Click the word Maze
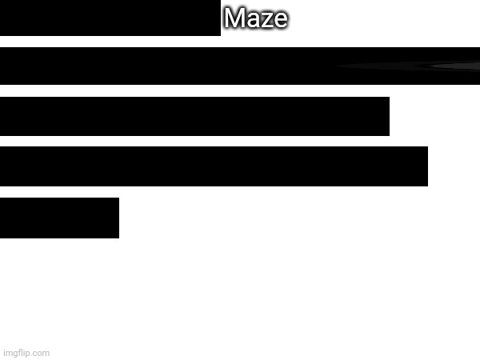256,18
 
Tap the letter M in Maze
234,18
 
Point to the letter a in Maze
251,21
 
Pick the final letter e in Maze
280,21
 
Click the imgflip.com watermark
26,353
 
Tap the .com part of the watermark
41,354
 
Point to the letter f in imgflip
21,352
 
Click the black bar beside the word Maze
110,18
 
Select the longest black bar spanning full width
240,66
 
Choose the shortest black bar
59,218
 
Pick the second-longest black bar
214,166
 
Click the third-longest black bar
194,116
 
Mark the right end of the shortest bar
118,218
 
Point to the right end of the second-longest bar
428,166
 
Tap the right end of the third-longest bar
389,116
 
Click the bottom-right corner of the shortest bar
119,238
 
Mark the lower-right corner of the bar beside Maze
221,36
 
